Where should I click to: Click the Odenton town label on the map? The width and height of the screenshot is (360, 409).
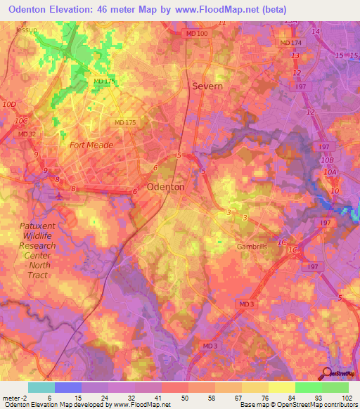click(166, 188)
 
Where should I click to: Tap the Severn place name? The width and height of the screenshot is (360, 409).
click(207, 86)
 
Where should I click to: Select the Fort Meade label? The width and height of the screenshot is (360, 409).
click(91, 145)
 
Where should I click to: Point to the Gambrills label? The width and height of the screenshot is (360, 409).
click(252, 247)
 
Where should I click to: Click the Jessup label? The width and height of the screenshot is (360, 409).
click(27, 31)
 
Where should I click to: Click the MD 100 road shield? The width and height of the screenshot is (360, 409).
click(197, 34)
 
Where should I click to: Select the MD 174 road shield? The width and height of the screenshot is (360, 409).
click(290, 44)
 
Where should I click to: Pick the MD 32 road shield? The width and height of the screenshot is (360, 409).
click(27, 134)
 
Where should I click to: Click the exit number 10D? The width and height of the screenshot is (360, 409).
click(9, 105)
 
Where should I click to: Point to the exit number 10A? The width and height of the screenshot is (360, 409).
click(332, 172)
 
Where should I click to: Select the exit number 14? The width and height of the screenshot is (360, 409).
click(316, 32)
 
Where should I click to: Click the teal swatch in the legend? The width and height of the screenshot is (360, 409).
click(41, 387)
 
